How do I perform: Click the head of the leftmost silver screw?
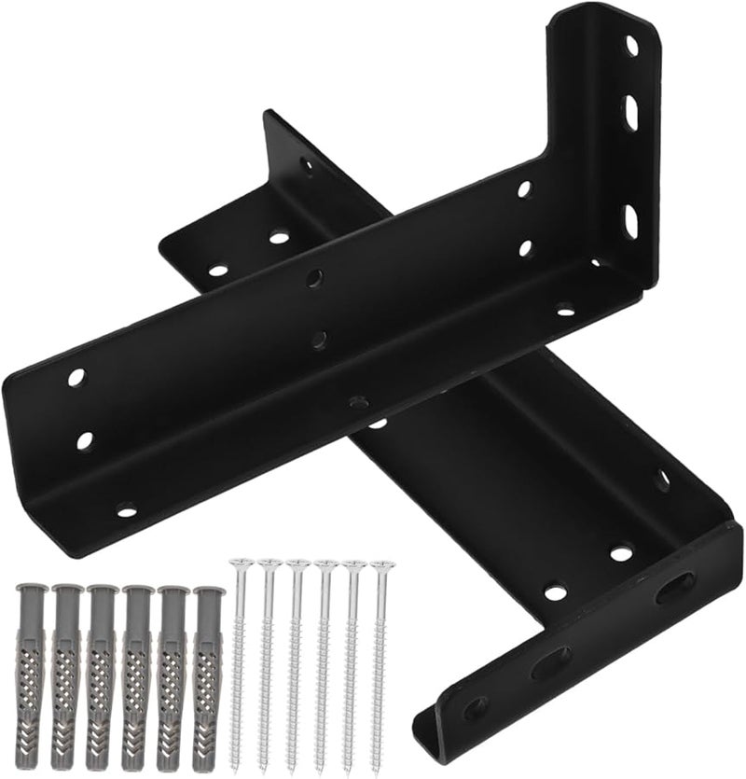point(242,563)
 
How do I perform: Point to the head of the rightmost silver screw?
point(380,565)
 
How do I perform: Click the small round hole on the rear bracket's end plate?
point(476,706)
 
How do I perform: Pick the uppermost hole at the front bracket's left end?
point(76,378)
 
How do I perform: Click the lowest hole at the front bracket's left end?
point(126,510)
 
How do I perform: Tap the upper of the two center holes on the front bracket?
point(316,277)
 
